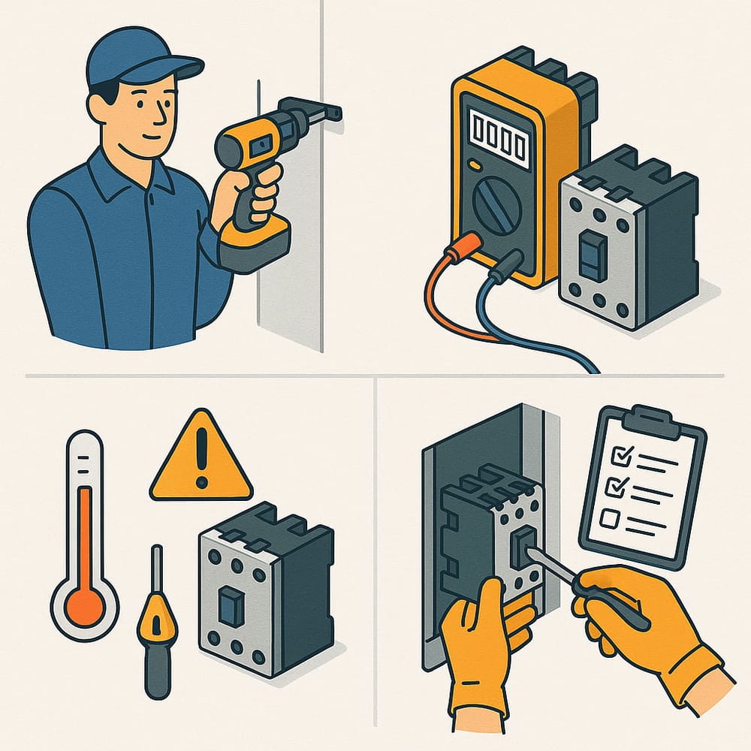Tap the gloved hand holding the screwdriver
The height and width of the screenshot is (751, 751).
638,616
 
